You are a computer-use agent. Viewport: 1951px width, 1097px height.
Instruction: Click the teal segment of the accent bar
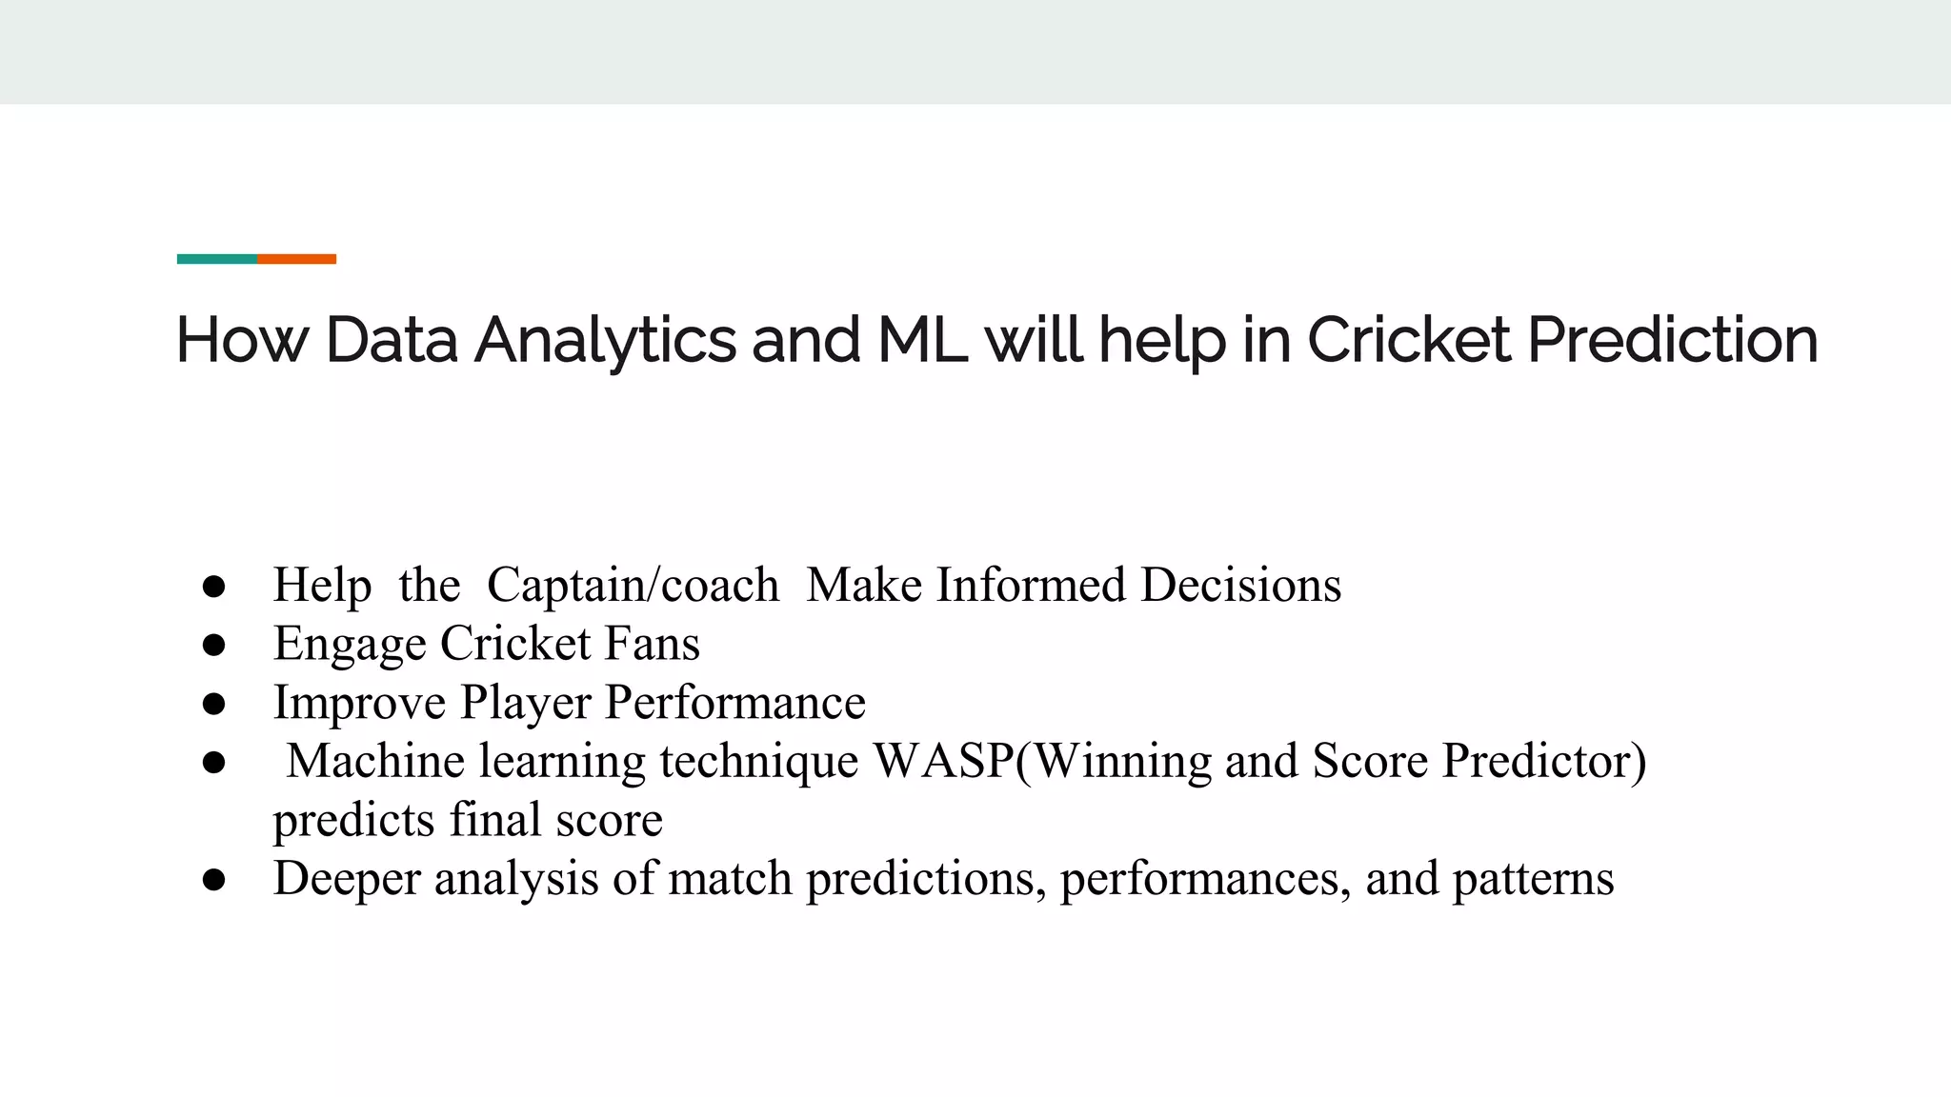216,259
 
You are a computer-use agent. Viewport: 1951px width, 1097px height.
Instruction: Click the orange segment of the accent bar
296,259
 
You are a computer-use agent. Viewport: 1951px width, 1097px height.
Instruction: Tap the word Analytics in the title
605,341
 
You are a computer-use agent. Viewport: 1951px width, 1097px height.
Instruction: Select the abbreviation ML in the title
921,340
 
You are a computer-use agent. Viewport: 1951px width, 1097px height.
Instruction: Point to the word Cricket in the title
1408,340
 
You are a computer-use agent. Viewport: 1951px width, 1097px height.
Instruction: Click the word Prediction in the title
1673,340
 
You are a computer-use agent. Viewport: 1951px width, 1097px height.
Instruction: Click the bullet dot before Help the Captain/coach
213,587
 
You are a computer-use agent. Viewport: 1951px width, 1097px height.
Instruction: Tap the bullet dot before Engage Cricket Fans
213,646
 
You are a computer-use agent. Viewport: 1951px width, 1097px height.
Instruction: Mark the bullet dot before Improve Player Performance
213,705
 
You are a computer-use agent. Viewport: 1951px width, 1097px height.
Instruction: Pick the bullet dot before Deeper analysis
213,880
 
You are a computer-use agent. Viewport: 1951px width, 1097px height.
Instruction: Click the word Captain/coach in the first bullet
633,585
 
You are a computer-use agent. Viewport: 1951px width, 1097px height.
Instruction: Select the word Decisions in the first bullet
1240,585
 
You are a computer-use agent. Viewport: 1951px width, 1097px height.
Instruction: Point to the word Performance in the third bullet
735,703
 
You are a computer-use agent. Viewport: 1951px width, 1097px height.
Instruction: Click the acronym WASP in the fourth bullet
943,761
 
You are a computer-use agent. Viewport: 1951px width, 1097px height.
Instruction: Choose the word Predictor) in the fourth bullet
1543,761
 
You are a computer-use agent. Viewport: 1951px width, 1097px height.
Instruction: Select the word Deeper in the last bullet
347,879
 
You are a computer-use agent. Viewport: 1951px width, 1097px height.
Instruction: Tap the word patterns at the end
1533,879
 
